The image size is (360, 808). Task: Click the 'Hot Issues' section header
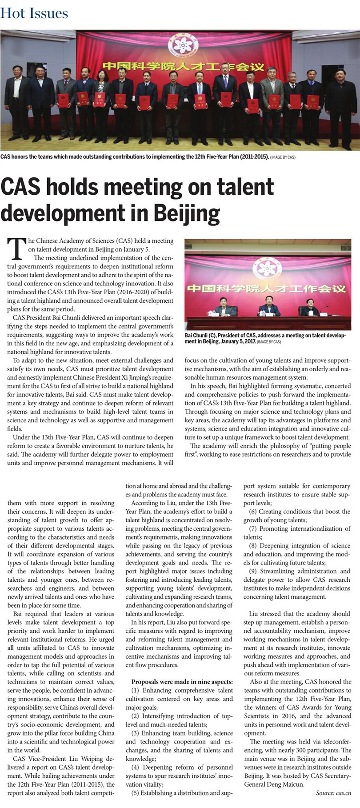(34, 13)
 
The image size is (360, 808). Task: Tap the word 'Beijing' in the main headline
(182, 214)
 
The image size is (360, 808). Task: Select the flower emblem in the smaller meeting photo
(267, 267)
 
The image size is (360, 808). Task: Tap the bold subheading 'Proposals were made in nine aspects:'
(182, 682)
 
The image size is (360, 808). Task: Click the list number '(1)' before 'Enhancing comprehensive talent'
(136, 690)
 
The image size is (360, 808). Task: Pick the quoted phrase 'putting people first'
(311, 446)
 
